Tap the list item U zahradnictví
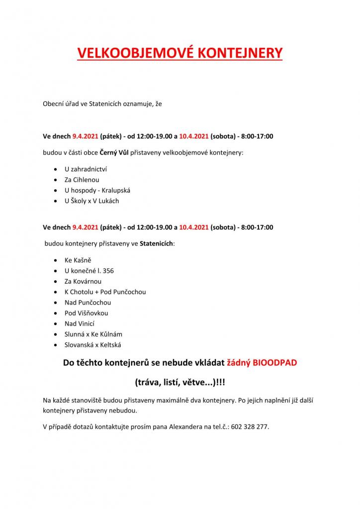86,169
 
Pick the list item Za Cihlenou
82,179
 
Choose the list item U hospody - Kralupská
97,190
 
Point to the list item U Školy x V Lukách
91,201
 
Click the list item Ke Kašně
78,260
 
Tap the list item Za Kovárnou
83,281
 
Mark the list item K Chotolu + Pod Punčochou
105,292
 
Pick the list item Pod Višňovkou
86,313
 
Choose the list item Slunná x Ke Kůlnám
93,334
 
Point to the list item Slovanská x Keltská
93,344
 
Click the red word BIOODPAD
275,363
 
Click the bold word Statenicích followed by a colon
156,244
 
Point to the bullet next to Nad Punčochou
54,303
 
